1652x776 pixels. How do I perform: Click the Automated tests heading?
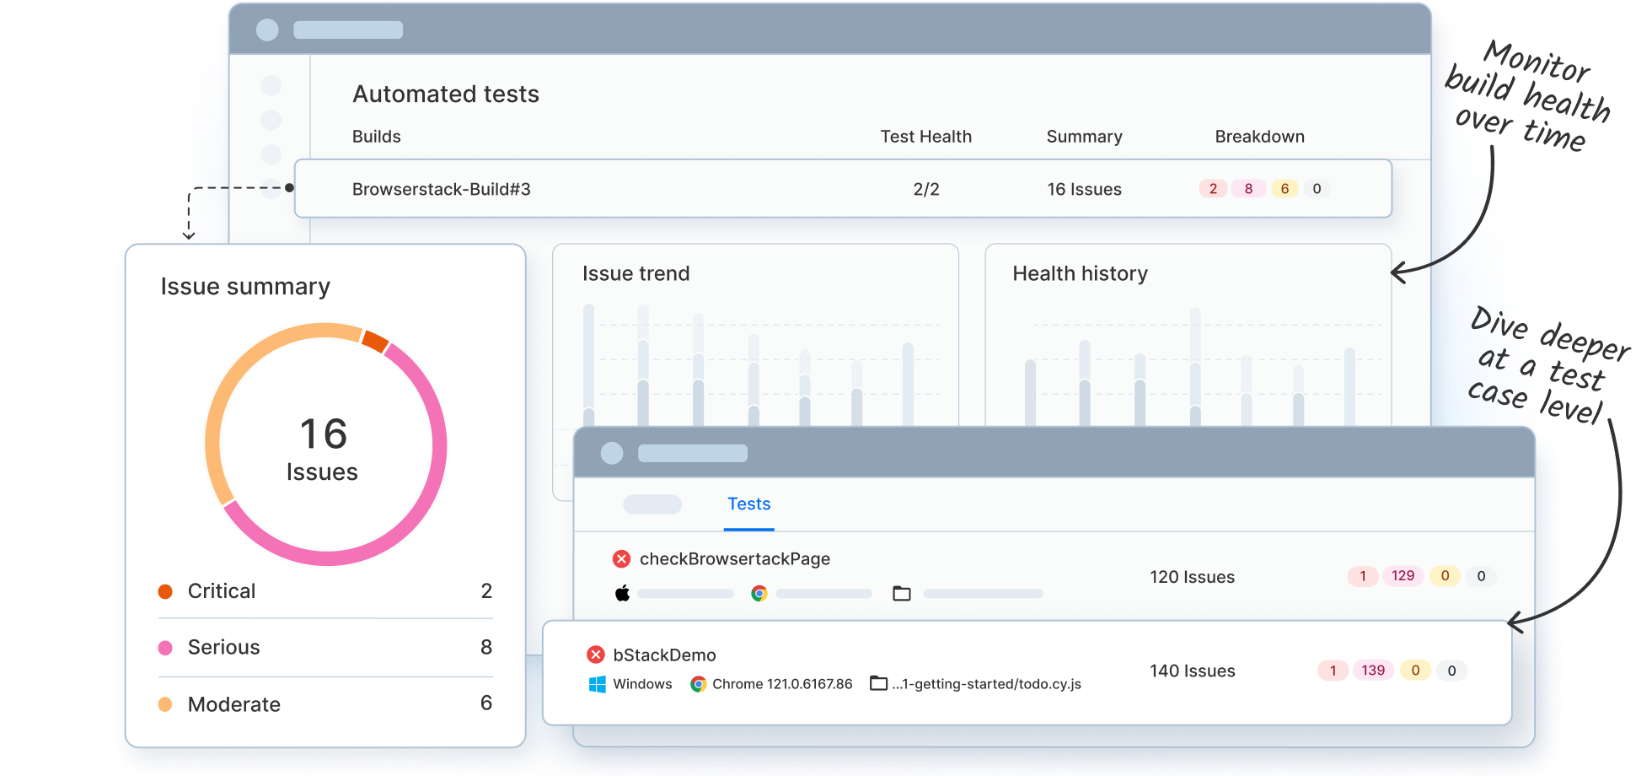pos(445,94)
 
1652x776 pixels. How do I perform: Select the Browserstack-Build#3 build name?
pos(441,190)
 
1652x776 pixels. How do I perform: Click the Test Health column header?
pos(925,137)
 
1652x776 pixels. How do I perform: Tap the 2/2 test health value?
pos(925,190)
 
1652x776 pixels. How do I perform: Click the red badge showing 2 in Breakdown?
pos(1212,189)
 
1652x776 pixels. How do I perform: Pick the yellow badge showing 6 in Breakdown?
pos(1284,189)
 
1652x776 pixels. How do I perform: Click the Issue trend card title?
pos(636,274)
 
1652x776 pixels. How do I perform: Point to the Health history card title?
pos(1080,274)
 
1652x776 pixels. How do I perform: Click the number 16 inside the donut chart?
pos(323,434)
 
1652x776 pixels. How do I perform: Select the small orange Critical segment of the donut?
pos(374,341)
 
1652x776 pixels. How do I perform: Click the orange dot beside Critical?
pos(165,592)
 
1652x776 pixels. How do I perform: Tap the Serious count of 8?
pos(486,647)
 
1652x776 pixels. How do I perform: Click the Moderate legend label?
pos(233,704)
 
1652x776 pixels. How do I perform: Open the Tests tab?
pos(748,504)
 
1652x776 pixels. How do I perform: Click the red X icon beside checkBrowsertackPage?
pos(621,559)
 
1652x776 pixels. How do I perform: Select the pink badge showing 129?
pos(1403,576)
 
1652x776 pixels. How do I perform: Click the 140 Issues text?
pos(1192,671)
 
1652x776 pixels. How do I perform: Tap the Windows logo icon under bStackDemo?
pos(597,684)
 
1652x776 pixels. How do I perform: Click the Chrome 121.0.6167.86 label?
pos(781,684)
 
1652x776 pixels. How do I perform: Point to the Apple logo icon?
pos(622,593)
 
